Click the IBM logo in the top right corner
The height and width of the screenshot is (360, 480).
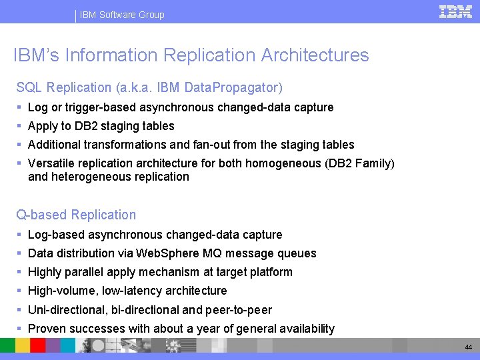(x=455, y=11)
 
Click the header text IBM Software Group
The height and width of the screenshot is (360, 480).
(x=122, y=15)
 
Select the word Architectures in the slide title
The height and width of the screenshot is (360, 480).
(x=314, y=55)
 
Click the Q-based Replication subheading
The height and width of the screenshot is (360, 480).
(x=76, y=215)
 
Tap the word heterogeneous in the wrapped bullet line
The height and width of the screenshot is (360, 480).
(x=86, y=177)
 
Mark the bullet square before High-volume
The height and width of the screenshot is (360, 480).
(x=20, y=291)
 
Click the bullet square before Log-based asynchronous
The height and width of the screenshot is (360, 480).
(x=20, y=235)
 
